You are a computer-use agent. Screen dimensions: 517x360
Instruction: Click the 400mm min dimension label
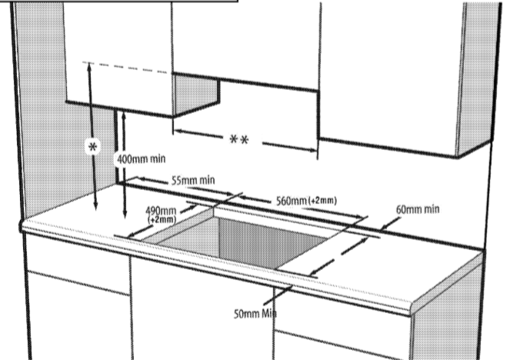[141, 159]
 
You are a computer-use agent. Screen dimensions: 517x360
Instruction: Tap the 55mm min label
[193, 180]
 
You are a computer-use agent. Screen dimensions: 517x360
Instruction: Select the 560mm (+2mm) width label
[306, 201]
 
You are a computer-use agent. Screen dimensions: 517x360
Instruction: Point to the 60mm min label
[418, 209]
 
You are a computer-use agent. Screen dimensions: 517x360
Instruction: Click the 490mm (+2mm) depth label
[161, 215]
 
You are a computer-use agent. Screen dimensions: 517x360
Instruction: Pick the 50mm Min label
[255, 314]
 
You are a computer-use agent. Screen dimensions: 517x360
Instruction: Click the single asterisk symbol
[92, 147]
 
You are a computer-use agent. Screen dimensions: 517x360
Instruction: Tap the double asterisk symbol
[239, 140]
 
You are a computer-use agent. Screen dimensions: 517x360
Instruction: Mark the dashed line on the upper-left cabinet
[125, 67]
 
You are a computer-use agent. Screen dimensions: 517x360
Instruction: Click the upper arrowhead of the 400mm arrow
[124, 115]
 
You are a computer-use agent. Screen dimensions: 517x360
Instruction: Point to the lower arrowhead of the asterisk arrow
[96, 205]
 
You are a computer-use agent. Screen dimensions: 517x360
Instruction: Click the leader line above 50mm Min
[278, 295]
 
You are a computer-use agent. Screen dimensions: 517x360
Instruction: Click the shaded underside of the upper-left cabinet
[196, 95]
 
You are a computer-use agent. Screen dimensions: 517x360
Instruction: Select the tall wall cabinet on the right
[409, 79]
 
